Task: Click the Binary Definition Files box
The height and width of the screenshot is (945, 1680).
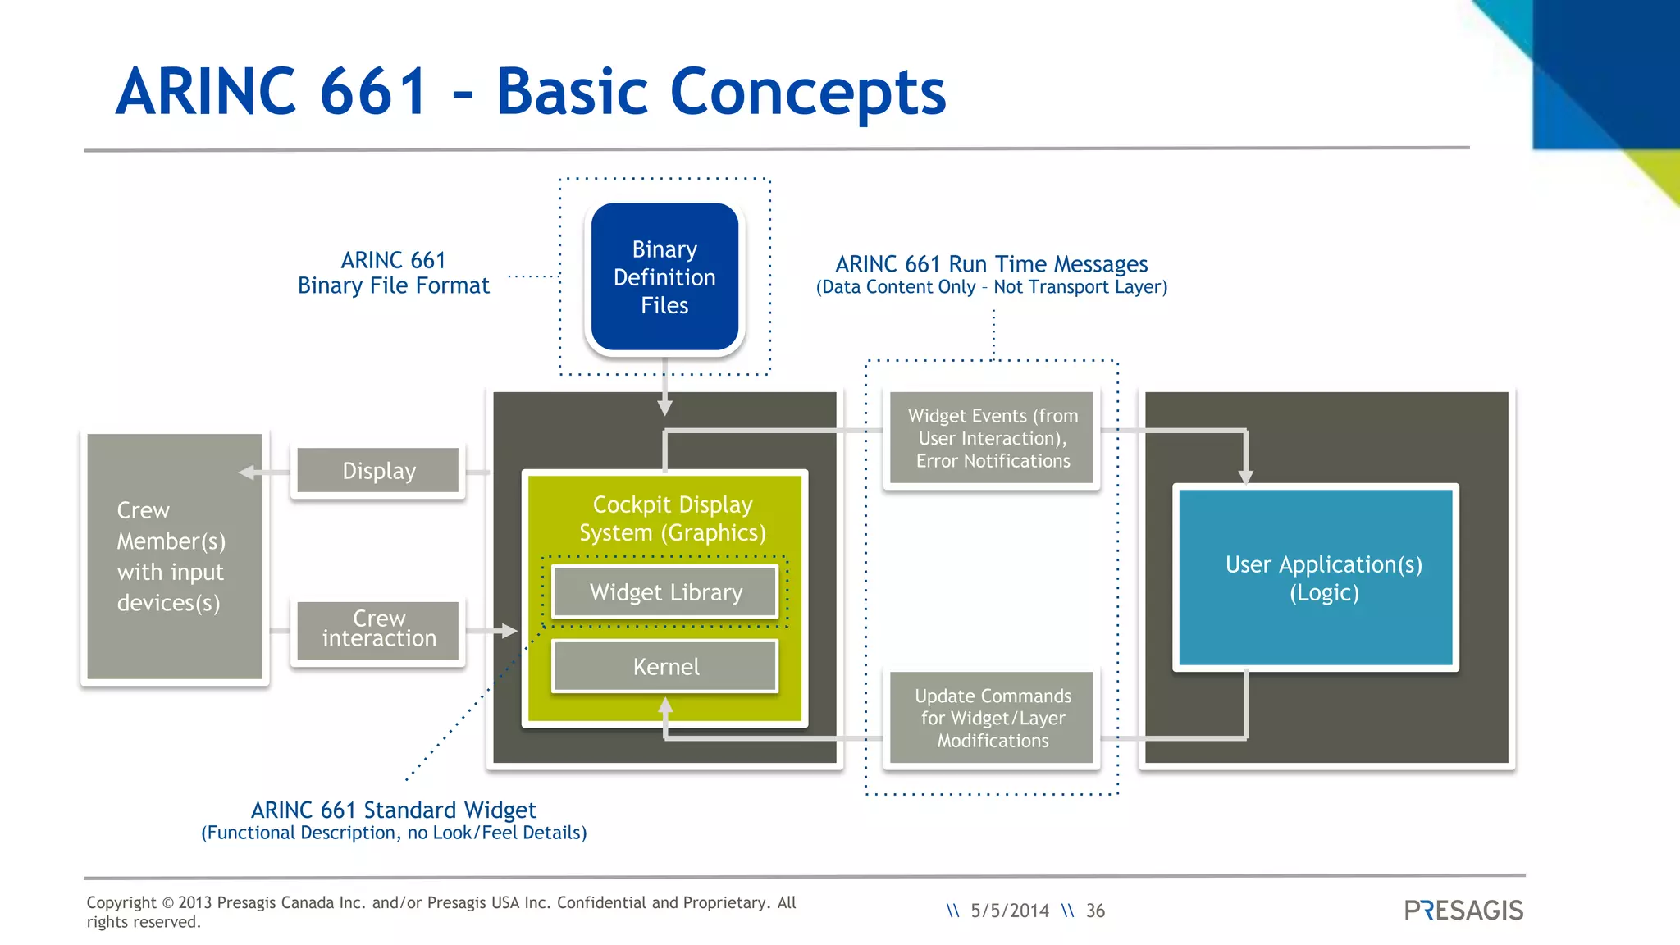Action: coord(664,277)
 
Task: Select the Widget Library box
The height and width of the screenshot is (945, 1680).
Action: coord(665,591)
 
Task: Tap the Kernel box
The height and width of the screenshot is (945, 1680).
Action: coord(665,666)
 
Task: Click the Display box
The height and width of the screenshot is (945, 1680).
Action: coord(378,471)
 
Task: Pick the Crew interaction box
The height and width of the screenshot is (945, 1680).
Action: coord(378,629)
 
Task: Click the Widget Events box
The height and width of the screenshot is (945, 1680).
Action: coord(992,438)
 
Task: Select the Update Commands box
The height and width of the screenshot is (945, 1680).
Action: coord(992,718)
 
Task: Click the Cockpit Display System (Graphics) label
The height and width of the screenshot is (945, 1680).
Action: coord(672,518)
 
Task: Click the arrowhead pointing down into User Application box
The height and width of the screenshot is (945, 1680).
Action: coord(1245,477)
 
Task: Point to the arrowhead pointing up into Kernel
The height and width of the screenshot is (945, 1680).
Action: coord(665,705)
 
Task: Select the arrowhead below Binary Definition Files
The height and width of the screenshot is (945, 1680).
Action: coord(664,406)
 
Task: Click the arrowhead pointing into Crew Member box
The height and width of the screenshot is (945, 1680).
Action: coord(247,472)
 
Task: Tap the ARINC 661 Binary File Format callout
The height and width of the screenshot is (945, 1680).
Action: coord(394,273)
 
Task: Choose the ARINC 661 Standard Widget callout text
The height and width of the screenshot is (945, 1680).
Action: coord(394,810)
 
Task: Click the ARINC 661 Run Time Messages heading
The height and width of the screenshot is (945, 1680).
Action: coord(991,264)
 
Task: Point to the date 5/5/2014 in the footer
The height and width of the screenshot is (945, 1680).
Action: coord(1009,911)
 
